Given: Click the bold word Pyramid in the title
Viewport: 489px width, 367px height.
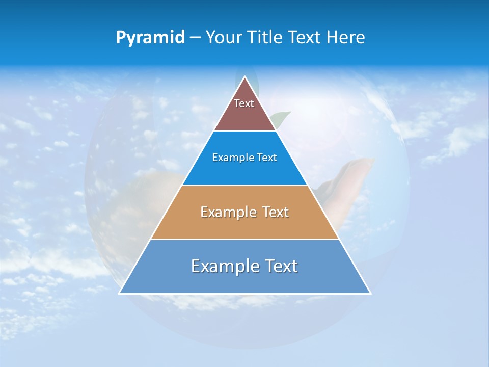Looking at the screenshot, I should coord(150,38).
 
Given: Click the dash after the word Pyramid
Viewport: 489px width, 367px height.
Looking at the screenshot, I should coord(195,38).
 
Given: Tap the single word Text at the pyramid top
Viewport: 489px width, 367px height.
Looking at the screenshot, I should coord(244,103).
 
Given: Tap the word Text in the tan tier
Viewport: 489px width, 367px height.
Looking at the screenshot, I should coord(276,212).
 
